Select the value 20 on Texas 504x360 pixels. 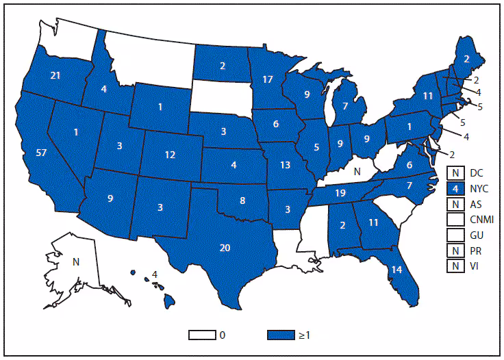point(225,248)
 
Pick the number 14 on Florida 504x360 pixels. point(396,269)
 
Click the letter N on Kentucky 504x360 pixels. point(356,173)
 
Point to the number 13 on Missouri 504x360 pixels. point(283,164)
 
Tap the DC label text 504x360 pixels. point(473,172)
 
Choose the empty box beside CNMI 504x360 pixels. point(453,219)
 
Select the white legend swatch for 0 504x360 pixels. point(204,335)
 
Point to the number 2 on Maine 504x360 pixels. point(466,59)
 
